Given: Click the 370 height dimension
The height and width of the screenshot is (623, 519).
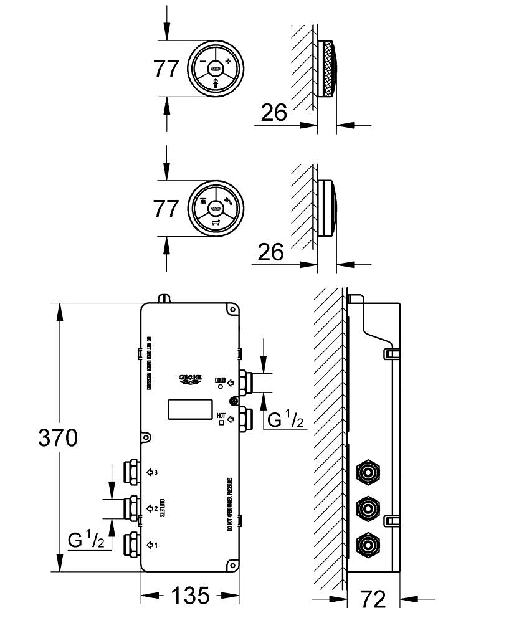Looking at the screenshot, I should [58, 438].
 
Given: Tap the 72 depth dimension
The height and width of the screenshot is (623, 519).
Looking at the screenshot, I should [373, 599].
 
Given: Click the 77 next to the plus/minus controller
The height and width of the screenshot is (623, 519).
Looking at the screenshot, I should [166, 69].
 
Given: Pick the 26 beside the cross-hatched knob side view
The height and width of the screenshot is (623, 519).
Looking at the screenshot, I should [274, 113].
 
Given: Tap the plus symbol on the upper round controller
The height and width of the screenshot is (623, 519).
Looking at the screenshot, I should [228, 60].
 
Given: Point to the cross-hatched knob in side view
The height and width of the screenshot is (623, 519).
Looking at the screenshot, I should [328, 68].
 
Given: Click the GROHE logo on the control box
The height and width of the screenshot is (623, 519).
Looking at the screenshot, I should [192, 378].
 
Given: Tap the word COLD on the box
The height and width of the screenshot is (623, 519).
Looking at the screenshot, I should [220, 379].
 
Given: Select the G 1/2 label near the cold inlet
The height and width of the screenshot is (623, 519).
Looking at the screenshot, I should [285, 420].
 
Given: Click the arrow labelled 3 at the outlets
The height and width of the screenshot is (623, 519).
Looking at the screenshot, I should [151, 472].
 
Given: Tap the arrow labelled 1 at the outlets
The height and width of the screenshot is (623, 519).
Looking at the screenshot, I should [151, 545].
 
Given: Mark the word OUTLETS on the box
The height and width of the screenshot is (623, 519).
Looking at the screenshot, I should [160, 508].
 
